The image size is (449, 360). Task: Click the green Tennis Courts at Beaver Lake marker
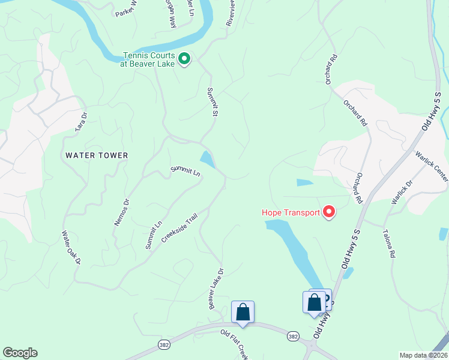[x=185, y=59]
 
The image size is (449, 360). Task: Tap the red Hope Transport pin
[x=329, y=212]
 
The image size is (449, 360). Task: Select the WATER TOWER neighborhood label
[x=97, y=155]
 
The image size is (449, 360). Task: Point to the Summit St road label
[x=211, y=101]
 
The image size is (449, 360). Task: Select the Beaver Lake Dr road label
[x=216, y=289]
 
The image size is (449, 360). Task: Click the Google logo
[x=20, y=353]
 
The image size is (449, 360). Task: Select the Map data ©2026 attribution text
[x=423, y=355]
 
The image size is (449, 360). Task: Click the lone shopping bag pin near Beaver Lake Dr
[x=243, y=313]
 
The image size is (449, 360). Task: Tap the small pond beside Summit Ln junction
[x=207, y=160]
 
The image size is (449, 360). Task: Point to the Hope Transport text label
[x=291, y=212]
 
